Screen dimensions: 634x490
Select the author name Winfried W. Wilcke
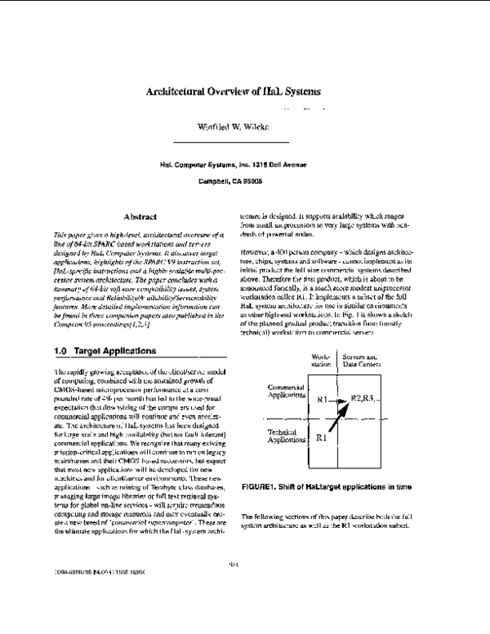point(246,128)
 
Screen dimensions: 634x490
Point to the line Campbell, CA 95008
point(245,180)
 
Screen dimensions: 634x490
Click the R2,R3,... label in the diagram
point(367,397)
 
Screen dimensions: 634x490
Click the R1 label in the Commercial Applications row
point(323,399)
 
